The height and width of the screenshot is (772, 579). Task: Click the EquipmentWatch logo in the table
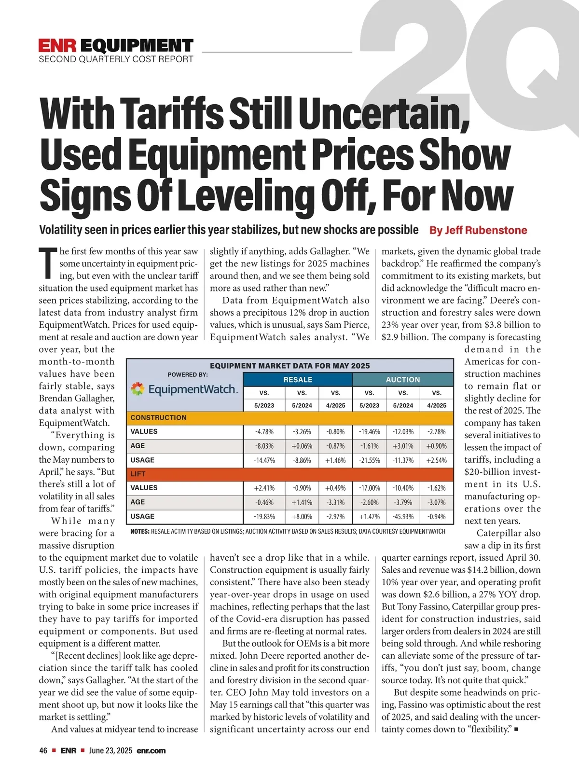(184, 389)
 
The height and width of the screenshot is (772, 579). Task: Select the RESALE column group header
(298, 380)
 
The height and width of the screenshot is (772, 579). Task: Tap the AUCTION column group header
(403, 380)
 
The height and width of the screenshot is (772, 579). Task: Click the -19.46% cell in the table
(370, 432)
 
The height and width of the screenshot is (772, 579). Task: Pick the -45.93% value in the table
(403, 517)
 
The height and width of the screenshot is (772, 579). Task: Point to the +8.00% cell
(302, 517)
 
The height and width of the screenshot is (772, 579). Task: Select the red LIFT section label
(138, 474)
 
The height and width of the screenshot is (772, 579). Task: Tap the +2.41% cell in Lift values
(264, 488)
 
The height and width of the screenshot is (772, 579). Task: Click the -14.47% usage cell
(264, 460)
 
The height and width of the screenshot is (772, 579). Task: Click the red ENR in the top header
(57, 46)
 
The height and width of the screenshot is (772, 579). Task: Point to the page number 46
(43, 751)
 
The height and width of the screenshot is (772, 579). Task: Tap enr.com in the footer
(151, 751)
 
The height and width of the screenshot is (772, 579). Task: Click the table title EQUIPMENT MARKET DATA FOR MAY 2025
(289, 366)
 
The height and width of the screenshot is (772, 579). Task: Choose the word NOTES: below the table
(140, 531)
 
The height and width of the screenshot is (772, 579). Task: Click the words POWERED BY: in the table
(188, 374)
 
